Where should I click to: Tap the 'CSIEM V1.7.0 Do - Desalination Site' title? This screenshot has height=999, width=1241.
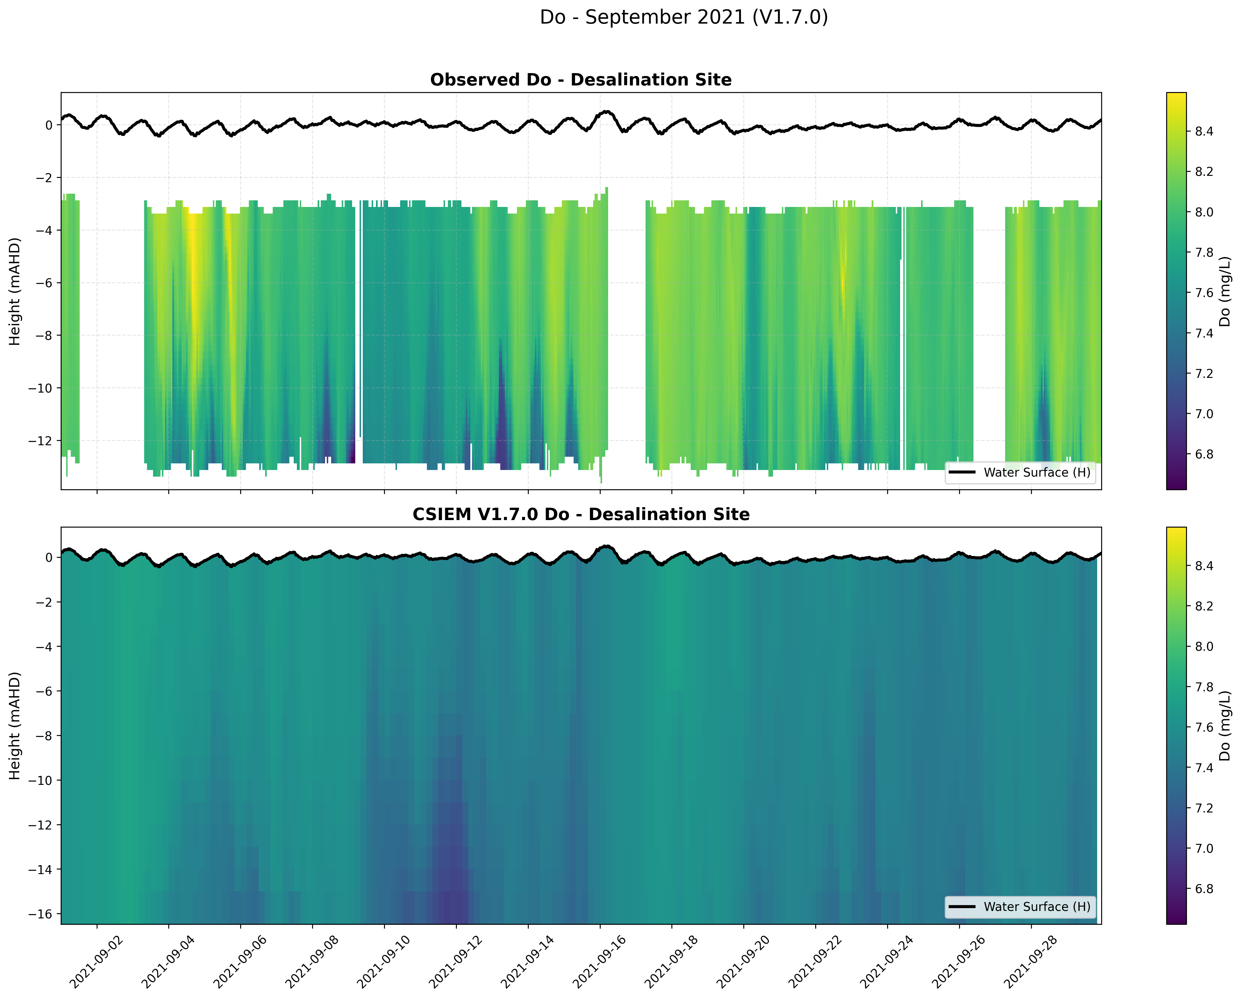(581, 514)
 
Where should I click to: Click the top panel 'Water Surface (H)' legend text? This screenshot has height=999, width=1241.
(1037, 473)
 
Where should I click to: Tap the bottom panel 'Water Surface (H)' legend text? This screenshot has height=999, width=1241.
(1037, 907)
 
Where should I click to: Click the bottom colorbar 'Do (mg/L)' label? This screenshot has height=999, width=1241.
(1225, 726)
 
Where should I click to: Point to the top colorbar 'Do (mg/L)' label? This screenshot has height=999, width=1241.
(1225, 291)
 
